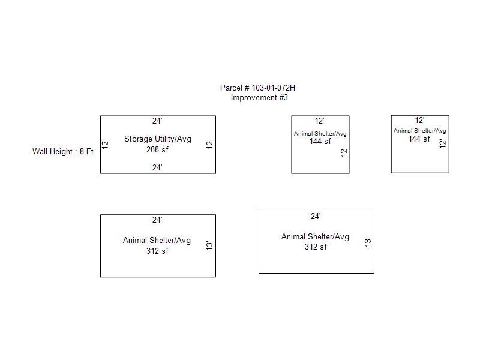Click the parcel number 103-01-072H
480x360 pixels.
[274, 88]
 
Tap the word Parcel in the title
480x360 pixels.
[231, 88]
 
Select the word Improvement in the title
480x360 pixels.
[254, 98]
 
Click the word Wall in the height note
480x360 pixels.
[40, 152]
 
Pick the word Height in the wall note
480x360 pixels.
[61, 152]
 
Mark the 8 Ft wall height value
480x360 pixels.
[86, 152]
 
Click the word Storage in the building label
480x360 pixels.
[138, 139]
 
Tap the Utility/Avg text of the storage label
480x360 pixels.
[173, 139]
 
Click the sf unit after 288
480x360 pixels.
[165, 149]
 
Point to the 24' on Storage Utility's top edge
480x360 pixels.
[157, 121]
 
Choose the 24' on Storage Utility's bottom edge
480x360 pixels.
[157, 168]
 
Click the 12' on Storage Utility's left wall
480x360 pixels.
[105, 144]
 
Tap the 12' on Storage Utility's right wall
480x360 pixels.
[209, 144]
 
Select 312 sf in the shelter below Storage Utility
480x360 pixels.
[157, 251]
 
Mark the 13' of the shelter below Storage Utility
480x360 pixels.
[209, 245]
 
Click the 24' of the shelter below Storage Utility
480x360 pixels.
[157, 220]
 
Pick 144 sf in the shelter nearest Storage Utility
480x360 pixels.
[320, 142]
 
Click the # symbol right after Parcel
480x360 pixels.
[247, 88]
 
